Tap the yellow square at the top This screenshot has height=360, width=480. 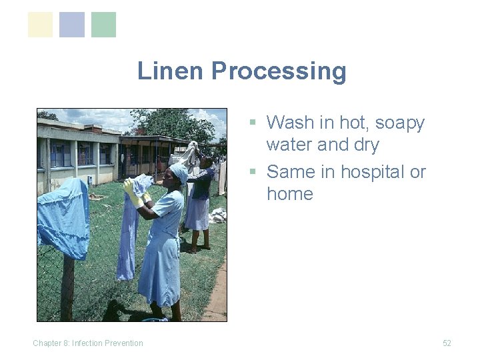(40, 25)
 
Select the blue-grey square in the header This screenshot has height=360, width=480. (72, 25)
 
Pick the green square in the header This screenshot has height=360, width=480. (103, 25)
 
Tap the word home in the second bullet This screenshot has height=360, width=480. (289, 193)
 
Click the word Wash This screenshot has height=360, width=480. (290, 123)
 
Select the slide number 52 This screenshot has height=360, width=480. (447, 343)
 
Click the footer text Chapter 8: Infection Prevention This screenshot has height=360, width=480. (88, 343)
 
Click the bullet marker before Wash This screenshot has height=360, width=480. (253, 123)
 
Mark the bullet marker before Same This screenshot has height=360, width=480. (253, 172)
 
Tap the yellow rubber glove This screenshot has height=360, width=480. (131, 193)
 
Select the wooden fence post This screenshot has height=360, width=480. (67, 287)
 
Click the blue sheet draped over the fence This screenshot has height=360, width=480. (64, 217)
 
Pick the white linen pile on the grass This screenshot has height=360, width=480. (217, 215)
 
